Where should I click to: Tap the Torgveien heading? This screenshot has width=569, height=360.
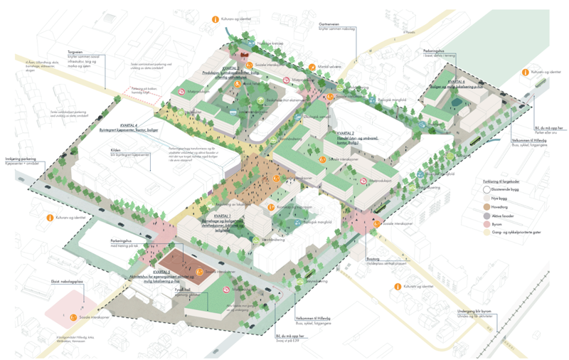click(76, 51)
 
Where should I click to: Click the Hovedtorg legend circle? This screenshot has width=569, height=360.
click(486, 206)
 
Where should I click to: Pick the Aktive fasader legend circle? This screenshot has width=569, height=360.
click(486, 215)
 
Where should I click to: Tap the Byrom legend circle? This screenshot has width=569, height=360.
click(486, 223)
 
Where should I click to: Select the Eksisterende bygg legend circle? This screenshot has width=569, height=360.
click(486, 189)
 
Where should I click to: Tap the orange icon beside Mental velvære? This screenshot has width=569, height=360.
click(312, 68)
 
